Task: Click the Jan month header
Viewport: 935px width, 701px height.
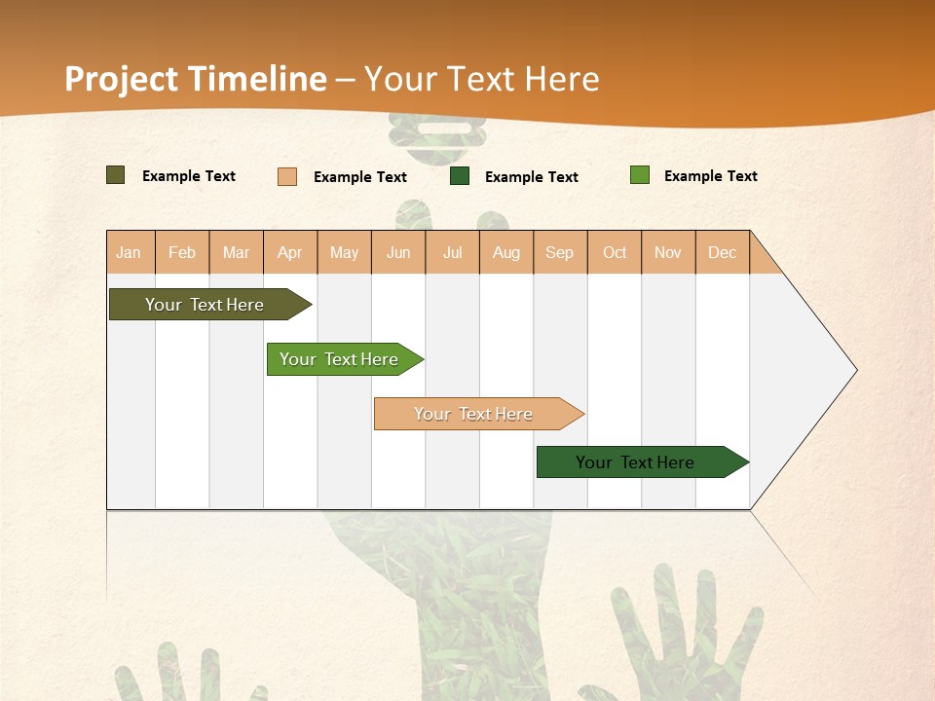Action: [129, 252]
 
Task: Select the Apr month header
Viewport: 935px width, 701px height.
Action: [289, 252]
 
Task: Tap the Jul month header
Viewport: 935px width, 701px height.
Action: [452, 252]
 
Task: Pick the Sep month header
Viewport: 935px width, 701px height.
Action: [559, 252]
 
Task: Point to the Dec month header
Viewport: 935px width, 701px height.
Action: [722, 252]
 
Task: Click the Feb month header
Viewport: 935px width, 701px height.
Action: [182, 252]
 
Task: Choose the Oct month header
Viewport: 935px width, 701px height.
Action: [615, 252]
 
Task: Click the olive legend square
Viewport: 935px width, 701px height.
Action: [115, 175]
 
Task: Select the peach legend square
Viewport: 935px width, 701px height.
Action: [287, 176]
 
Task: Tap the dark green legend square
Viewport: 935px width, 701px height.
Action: [460, 176]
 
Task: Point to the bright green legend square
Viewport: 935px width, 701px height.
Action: [639, 175]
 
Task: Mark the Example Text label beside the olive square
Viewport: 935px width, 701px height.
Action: [189, 176]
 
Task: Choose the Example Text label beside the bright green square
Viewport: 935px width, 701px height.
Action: [711, 176]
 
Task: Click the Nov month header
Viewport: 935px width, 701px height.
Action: [668, 252]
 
